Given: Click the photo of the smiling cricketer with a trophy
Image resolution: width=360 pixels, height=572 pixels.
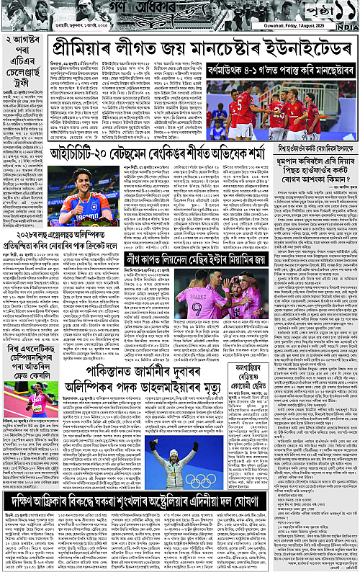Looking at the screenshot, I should click(x=81, y=192).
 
